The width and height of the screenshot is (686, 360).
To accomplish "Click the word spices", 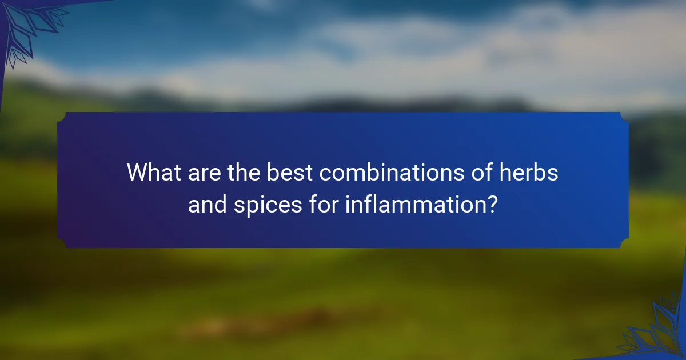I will pos(262,204).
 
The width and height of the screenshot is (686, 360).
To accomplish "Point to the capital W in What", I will pos(137,172).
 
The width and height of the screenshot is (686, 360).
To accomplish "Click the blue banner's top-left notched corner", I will pos(62,116).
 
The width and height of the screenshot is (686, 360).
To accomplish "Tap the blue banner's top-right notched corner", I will pos(624,116).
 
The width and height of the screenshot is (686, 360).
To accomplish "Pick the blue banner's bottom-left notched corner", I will pos(62,244).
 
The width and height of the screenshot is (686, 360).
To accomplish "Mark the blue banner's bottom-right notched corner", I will pos(624,244).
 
